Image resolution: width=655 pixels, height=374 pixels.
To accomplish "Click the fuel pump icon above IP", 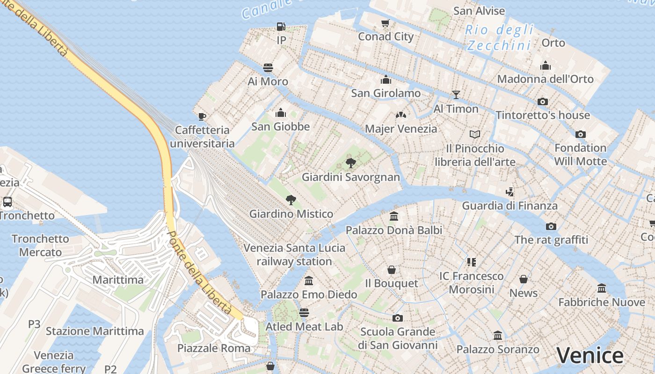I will click(281, 27).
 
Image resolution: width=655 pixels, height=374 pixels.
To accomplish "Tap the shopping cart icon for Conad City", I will click(386, 23).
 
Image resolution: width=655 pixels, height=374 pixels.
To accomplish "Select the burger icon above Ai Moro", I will click(268, 68).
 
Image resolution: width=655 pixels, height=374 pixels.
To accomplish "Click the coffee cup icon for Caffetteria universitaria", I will click(202, 116).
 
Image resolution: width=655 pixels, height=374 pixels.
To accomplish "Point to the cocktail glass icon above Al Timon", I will click(456, 95).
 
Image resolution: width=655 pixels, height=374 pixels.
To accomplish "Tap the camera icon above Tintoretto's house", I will click(543, 101).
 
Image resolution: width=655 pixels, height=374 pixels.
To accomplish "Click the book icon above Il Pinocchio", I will click(475, 135).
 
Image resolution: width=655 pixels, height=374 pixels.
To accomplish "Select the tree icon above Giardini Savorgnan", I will click(350, 163).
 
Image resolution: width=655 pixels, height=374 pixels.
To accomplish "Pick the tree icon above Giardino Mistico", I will click(291, 200).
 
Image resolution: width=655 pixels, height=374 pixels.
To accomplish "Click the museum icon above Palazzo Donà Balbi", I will click(394, 216).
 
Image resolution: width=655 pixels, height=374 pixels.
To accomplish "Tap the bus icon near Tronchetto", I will click(7, 202).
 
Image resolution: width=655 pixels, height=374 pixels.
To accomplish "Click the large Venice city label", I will click(589, 356).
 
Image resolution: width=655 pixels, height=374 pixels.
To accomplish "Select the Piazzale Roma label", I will click(214, 348).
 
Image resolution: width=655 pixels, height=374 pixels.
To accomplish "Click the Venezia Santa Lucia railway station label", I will click(294, 255).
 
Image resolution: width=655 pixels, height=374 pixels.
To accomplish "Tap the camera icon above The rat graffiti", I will click(551, 226).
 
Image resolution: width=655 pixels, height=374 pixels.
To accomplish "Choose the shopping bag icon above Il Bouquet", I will click(392, 270).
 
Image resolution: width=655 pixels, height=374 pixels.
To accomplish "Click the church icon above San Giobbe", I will click(281, 113).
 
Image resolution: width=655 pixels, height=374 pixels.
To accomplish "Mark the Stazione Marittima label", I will click(95, 331).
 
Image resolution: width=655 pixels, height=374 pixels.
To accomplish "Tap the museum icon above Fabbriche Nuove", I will click(602, 288).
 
